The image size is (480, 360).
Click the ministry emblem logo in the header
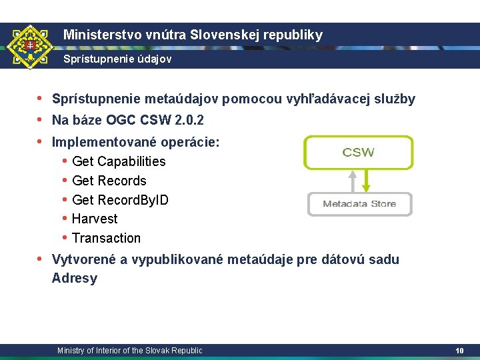(x=29, y=47)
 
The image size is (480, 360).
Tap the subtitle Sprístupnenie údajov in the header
(x=117, y=59)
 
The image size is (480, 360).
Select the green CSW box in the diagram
(x=359, y=153)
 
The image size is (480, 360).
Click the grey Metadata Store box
(x=359, y=204)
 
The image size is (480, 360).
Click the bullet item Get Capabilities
(x=119, y=161)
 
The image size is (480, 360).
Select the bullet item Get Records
(x=109, y=181)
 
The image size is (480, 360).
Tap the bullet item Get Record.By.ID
(x=120, y=200)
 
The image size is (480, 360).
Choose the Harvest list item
(x=95, y=219)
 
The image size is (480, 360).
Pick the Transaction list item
(x=106, y=238)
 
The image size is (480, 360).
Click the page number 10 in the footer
(x=459, y=351)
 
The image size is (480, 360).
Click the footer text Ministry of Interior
(x=129, y=351)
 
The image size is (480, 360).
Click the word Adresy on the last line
(x=74, y=279)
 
